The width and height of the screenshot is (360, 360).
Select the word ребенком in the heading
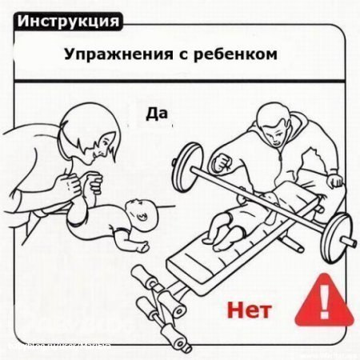click(240, 56)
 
